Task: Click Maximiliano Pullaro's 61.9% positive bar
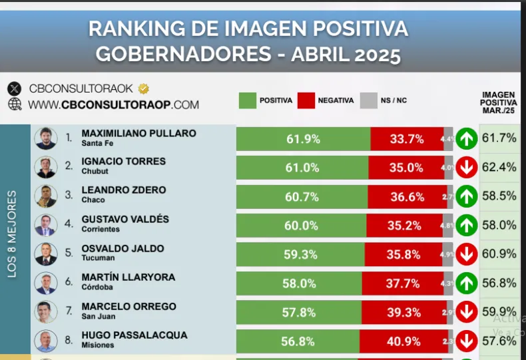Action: (303, 139)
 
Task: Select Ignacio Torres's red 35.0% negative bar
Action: (406, 168)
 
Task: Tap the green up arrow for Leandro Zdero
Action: (467, 196)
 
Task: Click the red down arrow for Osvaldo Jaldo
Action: (467, 254)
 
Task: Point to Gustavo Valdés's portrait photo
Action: (46, 225)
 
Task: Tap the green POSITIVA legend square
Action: (247, 100)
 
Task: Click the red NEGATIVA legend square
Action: (306, 100)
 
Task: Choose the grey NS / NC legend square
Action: (368, 100)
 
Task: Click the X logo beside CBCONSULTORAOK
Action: (15, 89)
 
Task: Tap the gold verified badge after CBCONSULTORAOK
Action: (143, 88)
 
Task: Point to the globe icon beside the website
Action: (15, 104)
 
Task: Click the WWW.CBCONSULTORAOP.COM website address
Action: (113, 104)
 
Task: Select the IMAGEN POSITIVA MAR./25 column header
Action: (499, 102)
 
